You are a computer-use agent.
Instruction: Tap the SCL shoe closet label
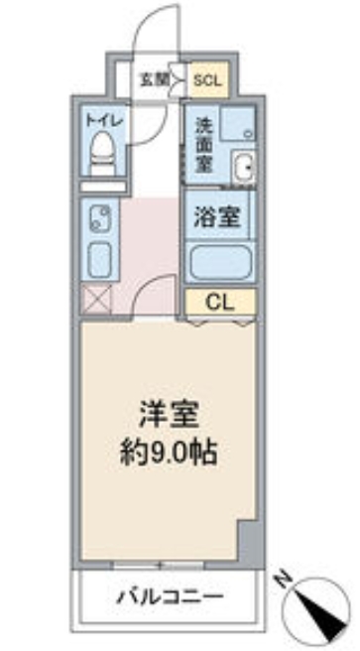pos(208,78)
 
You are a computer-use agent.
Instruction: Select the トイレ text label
pos(103,119)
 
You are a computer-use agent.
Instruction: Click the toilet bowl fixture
pos(102,157)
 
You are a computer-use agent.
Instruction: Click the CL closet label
pos(220,301)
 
